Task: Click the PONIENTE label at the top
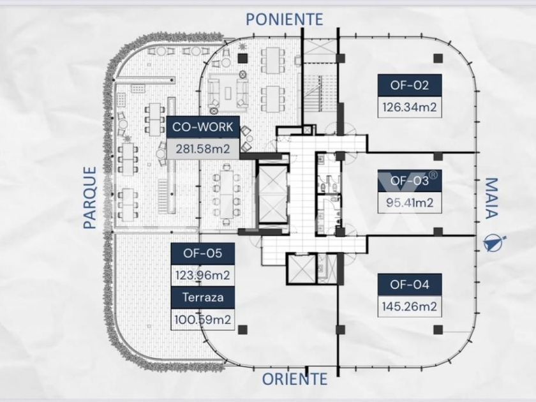tap(285, 19)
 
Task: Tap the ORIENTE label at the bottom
tap(295, 378)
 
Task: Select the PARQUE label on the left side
tap(91, 197)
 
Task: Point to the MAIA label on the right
tap(490, 198)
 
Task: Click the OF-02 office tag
tap(409, 84)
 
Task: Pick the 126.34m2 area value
tap(409, 107)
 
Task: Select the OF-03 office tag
tap(409, 181)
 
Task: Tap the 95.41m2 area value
tap(409, 203)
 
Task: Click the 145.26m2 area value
tap(409, 307)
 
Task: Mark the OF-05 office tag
tap(203, 253)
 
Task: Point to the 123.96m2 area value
tap(203, 276)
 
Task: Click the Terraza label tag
tap(203, 297)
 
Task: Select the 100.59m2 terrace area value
tap(203, 318)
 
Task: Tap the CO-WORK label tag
tap(204, 127)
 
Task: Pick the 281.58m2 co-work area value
tap(204, 149)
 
